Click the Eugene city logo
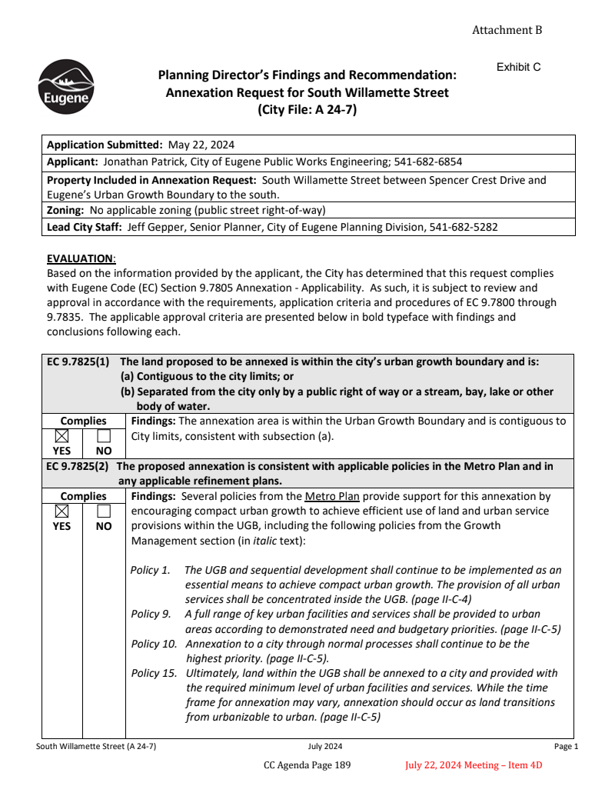coord(66,87)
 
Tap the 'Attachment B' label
coord(507,30)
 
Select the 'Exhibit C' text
coord(518,67)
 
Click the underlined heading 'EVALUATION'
coord(80,258)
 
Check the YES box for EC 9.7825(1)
coord(62,435)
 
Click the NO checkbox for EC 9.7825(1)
coord(104,435)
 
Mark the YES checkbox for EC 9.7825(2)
coord(62,511)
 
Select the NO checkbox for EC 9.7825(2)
coord(104,511)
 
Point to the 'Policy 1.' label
coord(151,570)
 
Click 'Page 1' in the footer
coord(566,746)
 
